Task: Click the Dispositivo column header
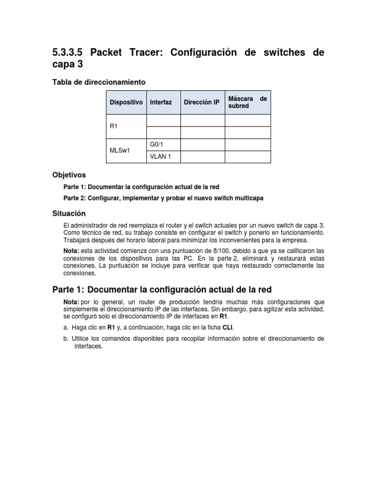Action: [x=126, y=102]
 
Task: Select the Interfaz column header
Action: [x=161, y=102]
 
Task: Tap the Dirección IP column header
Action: [x=201, y=102]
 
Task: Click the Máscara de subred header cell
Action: [x=247, y=102]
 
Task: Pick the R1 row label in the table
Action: [x=114, y=126]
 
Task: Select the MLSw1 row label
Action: [x=120, y=151]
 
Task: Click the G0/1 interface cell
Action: [x=156, y=145]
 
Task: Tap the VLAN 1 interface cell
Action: [x=159, y=157]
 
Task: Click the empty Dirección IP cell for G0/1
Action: [x=203, y=145]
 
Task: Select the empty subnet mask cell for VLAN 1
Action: [x=247, y=157]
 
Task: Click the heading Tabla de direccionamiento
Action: [x=99, y=81]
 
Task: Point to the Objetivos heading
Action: [x=69, y=175]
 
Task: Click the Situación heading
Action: [x=69, y=213]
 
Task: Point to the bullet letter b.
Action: [x=66, y=339]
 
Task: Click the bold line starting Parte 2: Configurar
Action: [x=163, y=198]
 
